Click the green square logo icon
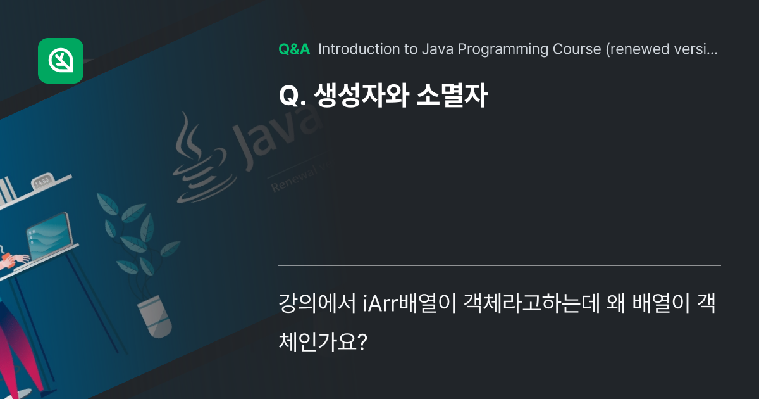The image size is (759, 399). tap(61, 61)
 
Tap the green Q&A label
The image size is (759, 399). tap(294, 49)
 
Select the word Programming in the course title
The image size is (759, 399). tap(498, 49)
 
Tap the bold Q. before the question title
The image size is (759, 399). tap(292, 96)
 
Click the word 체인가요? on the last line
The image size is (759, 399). tap(323, 343)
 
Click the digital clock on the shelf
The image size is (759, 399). tap(42, 181)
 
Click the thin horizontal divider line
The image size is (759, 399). tap(499, 265)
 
